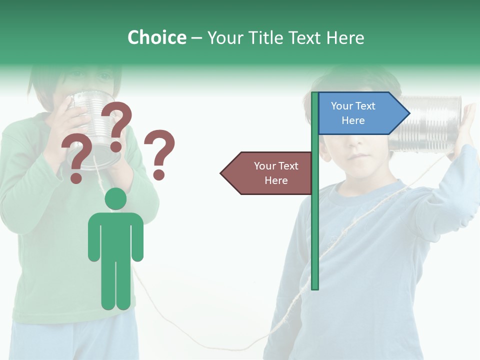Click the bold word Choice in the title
click(x=156, y=37)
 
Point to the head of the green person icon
click(x=115, y=198)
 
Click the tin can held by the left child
click(x=92, y=127)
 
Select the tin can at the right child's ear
click(x=430, y=124)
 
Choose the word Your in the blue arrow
click(x=342, y=106)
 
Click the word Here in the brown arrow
click(x=276, y=180)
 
